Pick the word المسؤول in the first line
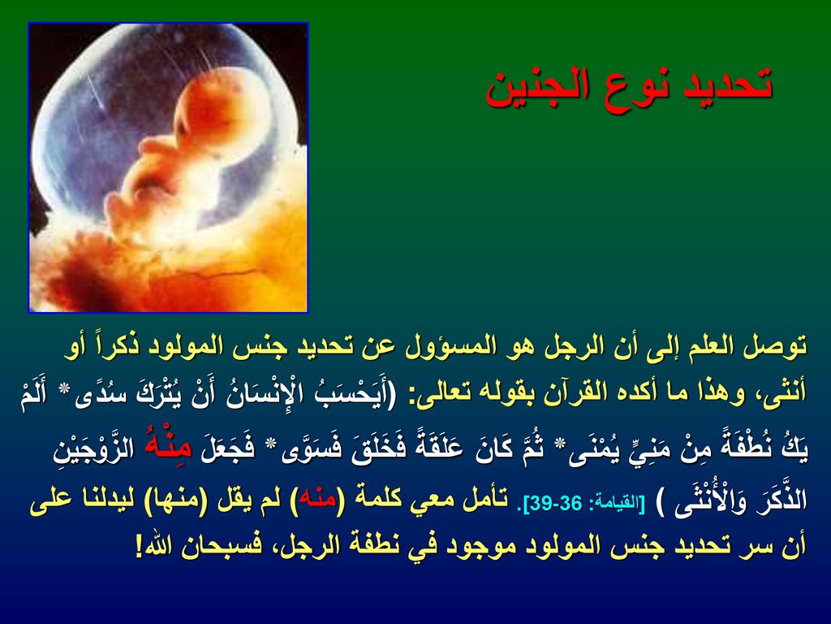[x=448, y=347]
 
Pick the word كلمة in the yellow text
[x=376, y=500]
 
